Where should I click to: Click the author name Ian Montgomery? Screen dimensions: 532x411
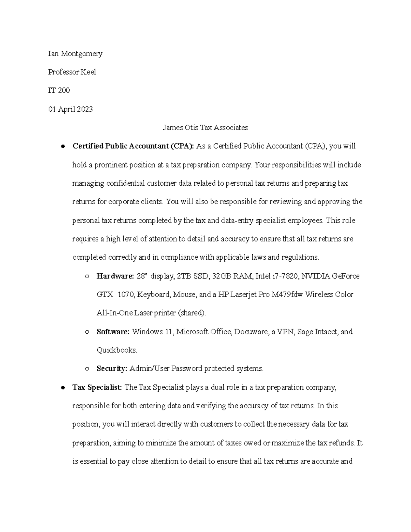coord(75,54)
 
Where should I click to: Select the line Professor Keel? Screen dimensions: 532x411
coord(72,72)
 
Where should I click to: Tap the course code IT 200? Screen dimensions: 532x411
coord(59,91)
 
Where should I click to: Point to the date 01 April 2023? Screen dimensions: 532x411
coord(70,109)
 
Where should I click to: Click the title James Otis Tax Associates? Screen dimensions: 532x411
coord(205,128)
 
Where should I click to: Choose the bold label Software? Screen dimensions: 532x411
coord(113,332)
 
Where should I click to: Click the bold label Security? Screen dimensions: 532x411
coord(112,369)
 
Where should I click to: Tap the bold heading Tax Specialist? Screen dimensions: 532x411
coord(97,387)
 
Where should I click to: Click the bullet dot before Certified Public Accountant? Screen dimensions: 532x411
coord(63,147)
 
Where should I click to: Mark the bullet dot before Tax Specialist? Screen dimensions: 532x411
coord(63,388)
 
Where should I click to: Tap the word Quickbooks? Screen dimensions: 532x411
coord(117,350)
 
